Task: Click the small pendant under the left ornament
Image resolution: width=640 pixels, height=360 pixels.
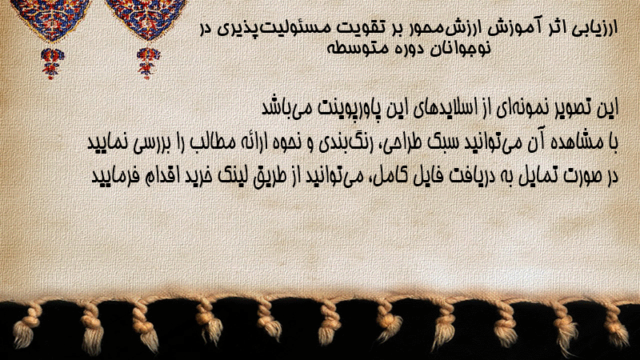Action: (51, 63)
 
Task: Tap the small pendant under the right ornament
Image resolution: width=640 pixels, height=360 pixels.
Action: (148, 63)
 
